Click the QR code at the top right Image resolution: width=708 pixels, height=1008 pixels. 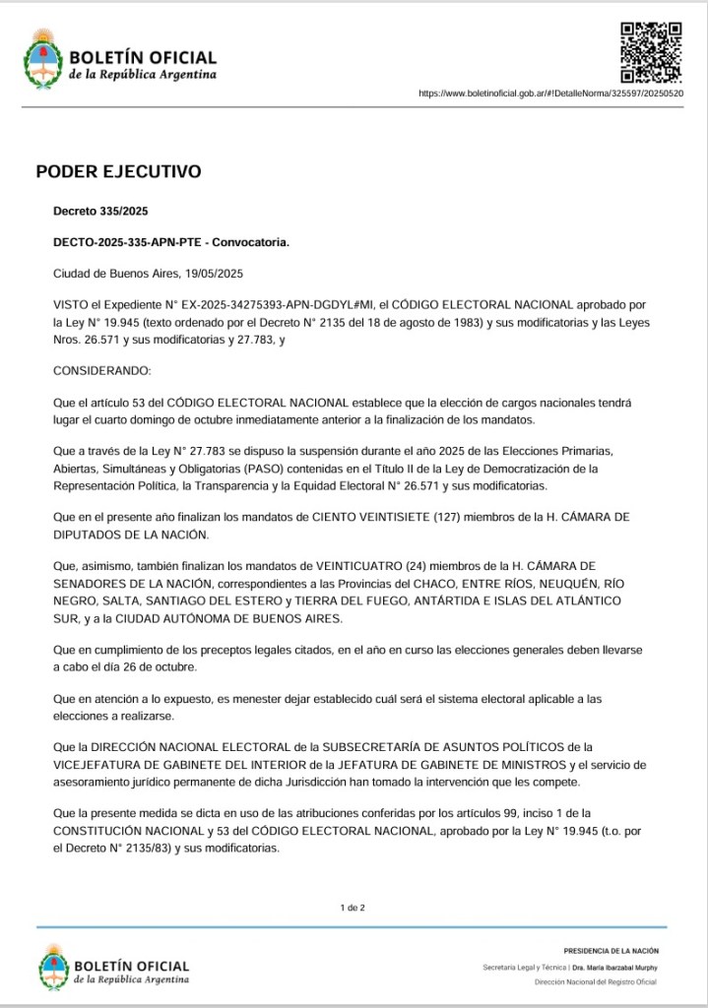[x=651, y=52]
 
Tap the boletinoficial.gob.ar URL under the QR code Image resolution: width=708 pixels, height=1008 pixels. [x=550, y=94]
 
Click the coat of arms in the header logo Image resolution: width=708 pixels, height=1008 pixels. [x=43, y=58]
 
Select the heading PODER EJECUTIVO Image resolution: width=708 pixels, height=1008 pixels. [x=118, y=171]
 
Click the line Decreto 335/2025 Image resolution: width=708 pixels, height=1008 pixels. [x=100, y=212]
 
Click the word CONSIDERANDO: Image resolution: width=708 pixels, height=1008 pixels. [x=102, y=371]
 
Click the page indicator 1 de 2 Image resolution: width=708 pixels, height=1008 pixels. [x=353, y=908]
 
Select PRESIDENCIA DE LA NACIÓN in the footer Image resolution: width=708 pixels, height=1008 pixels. [x=611, y=951]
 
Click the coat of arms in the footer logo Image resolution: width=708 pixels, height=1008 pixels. [x=54, y=967]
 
